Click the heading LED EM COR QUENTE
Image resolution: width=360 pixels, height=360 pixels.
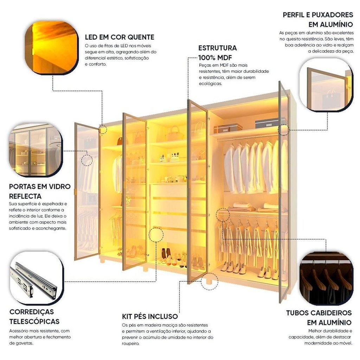pyautogui.click(x=120, y=37)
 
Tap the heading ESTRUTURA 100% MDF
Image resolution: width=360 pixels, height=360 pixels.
pyautogui.click(x=217, y=53)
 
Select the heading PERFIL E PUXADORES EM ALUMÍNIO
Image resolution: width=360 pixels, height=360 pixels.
pyautogui.click(x=317, y=20)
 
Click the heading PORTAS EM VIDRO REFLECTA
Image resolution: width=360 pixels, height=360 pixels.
pyautogui.click(x=40, y=191)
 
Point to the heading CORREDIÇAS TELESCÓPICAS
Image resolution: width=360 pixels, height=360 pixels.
pyautogui.click(x=34, y=316)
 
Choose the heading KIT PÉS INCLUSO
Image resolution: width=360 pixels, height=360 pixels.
pyautogui.click(x=150, y=316)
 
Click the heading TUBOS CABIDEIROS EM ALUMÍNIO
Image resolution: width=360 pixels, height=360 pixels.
pyautogui.click(x=319, y=317)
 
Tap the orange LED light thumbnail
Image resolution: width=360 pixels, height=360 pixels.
pyautogui.click(x=55, y=47)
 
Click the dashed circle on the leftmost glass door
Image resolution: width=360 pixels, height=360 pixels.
pyautogui.click(x=87, y=160)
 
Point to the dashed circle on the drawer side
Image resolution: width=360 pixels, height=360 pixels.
pyautogui.click(x=156, y=234)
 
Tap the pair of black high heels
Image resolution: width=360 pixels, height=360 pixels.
pyautogui.click(x=166, y=253)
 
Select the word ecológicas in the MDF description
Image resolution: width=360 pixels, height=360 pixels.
pyautogui.click(x=211, y=84)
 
